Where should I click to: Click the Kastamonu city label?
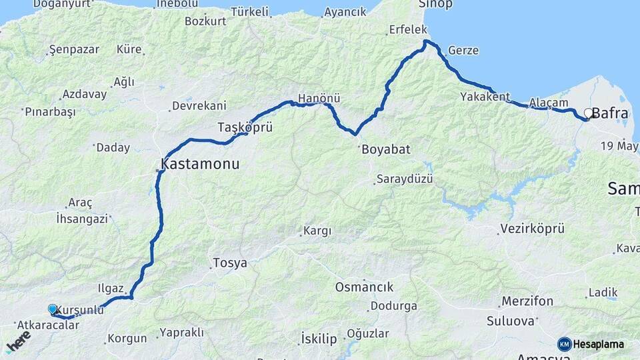pos(200,163)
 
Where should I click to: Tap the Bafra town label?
pos(609,113)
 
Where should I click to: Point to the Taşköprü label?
pos(245,127)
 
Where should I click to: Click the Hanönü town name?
pos(319,98)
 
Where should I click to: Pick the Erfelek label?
pos(408,30)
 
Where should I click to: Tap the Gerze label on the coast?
pos(463,50)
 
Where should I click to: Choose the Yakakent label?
pos(485,97)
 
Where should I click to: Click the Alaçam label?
pos(549,103)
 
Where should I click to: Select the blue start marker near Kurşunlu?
pos(53,309)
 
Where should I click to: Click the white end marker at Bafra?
pos(588,113)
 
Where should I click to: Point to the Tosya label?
pos(230,263)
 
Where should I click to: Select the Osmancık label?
pos(364,287)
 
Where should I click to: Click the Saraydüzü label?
pos(405,179)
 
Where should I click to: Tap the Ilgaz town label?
pos(111,289)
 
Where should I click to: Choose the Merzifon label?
pos(527,301)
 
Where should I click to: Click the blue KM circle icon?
pos(564,345)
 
